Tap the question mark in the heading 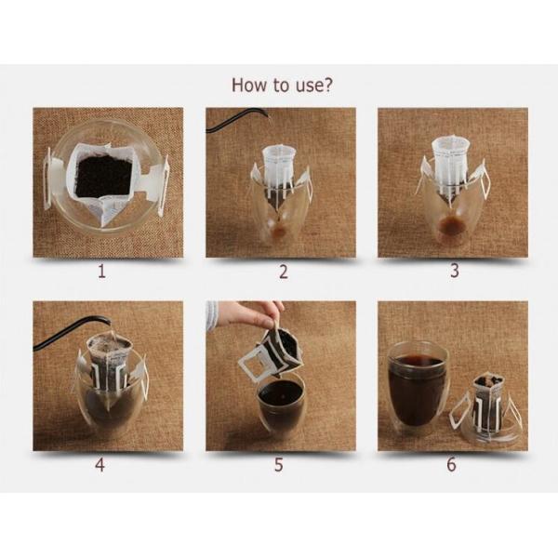click(327, 85)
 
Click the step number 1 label click(101, 272)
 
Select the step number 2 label click(284, 272)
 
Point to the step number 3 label click(455, 271)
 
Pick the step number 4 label click(100, 464)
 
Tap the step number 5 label click(279, 464)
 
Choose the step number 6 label click(451, 464)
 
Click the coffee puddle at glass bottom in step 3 click(451, 225)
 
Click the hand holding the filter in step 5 click(249, 313)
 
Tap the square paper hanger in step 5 click(253, 367)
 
